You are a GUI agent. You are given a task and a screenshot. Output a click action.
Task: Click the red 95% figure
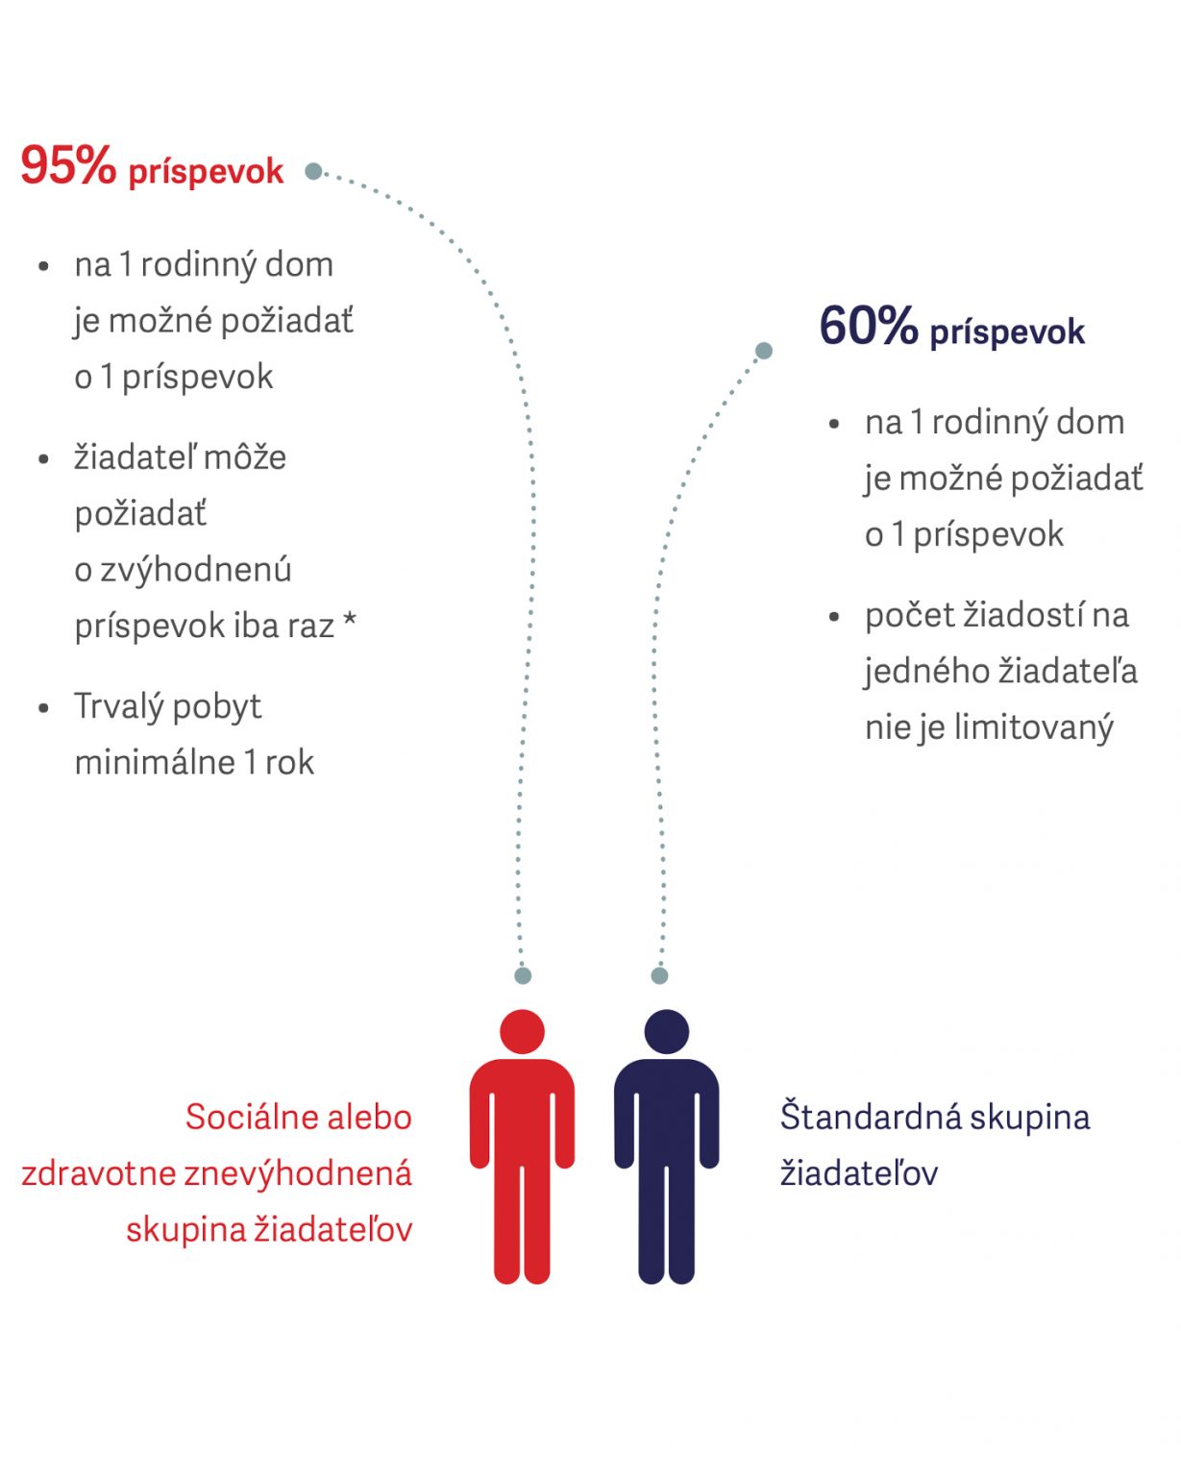pos(68,165)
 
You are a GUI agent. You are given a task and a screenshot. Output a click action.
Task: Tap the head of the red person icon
pos(522,1031)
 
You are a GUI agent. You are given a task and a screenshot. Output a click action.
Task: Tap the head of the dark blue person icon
pos(667,1031)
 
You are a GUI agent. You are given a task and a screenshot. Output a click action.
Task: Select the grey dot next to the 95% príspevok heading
pos(313,171)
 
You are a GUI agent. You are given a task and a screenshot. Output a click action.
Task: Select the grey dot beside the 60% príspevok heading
pos(763,351)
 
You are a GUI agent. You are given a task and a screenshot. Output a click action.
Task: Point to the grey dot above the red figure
pos(523,975)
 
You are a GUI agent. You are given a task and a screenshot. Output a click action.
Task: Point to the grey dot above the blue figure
pos(659,975)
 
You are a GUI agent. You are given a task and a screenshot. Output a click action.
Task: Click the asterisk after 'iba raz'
pos(350,619)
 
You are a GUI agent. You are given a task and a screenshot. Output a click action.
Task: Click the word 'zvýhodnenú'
pos(196,570)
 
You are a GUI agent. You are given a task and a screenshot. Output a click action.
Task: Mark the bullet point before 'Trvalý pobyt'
pos(44,708)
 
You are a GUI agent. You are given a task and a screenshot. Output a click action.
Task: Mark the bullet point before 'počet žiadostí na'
pos(834,617)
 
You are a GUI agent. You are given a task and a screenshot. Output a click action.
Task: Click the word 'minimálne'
pos(155,763)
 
